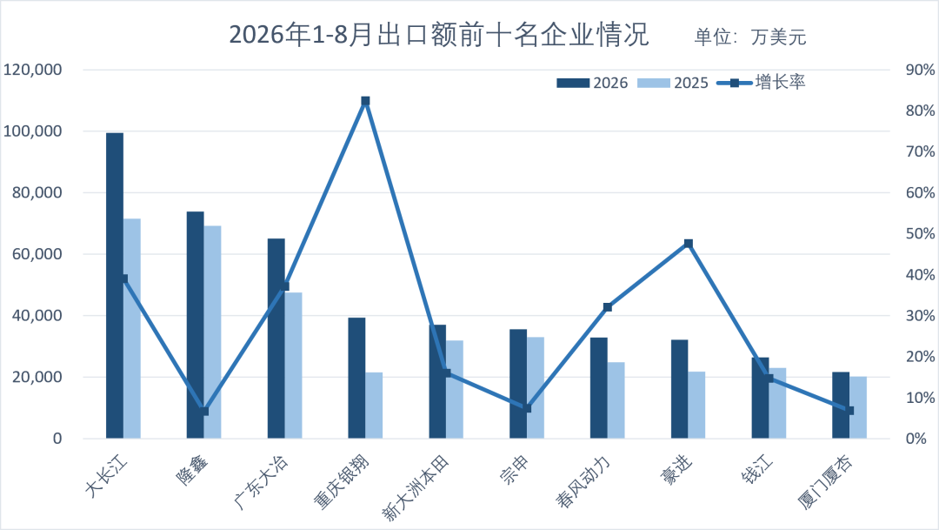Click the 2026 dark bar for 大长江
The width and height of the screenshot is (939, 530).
tap(115, 285)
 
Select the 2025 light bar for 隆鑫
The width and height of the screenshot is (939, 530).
tap(213, 332)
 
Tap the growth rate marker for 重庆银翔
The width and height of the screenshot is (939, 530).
tap(365, 101)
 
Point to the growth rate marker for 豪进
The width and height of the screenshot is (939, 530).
tap(688, 244)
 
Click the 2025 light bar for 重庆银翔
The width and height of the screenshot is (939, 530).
tap(374, 406)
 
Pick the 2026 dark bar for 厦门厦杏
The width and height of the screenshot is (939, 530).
tap(841, 406)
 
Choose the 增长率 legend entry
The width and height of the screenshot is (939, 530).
tap(761, 82)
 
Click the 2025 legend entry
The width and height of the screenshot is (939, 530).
tap(672, 83)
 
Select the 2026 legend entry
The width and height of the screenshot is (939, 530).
tap(592, 83)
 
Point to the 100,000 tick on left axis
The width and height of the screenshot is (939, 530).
tap(33, 131)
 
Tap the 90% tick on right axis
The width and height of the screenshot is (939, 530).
tap(920, 70)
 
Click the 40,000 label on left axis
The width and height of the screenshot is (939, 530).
tap(37, 315)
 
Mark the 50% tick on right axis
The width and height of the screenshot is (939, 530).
tap(920, 234)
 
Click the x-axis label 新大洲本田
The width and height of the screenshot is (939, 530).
tap(416, 487)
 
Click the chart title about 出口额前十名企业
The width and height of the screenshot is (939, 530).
tap(439, 34)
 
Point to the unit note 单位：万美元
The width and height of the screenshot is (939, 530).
tap(750, 37)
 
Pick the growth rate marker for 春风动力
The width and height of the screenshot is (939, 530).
tap(607, 307)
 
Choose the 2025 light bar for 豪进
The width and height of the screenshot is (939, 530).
tap(696, 406)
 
